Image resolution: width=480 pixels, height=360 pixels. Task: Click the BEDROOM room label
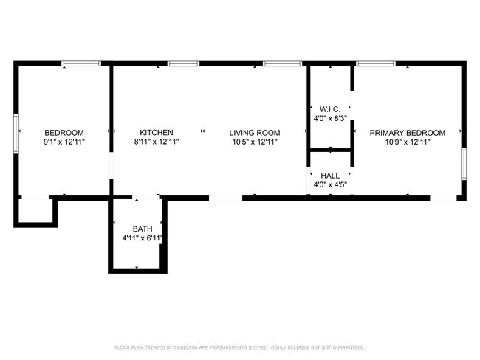click(x=64, y=133)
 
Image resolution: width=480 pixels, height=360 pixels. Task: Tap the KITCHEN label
click(x=157, y=133)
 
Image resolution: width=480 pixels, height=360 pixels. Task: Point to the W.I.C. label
click(x=330, y=109)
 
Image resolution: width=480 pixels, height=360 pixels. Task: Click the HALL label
click(x=330, y=176)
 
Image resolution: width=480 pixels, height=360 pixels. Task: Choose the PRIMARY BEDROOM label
click(x=408, y=133)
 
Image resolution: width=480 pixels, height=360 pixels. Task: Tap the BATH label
click(x=143, y=229)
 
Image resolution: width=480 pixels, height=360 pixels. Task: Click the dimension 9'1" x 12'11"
click(x=64, y=142)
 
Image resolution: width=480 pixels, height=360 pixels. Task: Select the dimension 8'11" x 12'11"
click(x=157, y=142)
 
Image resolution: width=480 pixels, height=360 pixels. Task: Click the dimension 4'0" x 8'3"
click(x=330, y=118)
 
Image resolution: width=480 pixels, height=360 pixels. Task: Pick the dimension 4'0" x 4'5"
click(x=330, y=184)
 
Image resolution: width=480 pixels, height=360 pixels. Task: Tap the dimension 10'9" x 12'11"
click(x=408, y=142)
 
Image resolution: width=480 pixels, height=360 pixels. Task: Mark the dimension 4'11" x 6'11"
click(x=143, y=238)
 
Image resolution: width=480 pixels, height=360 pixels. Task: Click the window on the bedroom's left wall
click(x=16, y=133)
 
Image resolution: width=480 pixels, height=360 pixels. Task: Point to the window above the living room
click(x=278, y=64)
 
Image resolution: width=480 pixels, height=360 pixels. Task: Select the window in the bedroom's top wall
click(x=81, y=64)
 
